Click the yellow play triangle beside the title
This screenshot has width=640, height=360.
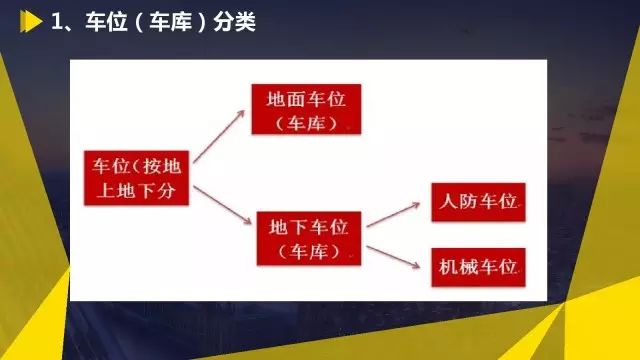point(31,21)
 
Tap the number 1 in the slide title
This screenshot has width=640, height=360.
point(58,21)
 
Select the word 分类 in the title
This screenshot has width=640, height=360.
point(234,21)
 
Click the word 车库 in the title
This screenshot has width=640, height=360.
point(170,21)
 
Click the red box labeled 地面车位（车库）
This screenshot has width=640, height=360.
point(306,109)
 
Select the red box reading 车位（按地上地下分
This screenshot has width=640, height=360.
point(136,178)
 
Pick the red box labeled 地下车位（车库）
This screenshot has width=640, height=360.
point(309,238)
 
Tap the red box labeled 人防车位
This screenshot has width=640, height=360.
point(478,202)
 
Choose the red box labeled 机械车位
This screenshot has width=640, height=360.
point(478,267)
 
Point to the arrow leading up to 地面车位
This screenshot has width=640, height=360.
point(219,136)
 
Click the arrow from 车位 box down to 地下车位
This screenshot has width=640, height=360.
point(222,205)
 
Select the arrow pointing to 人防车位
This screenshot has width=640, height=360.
point(393,214)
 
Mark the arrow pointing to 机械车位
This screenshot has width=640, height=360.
point(393,257)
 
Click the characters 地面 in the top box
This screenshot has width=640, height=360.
point(286,99)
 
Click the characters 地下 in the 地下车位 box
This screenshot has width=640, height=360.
point(289,227)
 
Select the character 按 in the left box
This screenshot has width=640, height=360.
point(152,166)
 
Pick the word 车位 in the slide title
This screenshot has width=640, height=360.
point(106,21)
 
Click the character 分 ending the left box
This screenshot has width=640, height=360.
point(167,190)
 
